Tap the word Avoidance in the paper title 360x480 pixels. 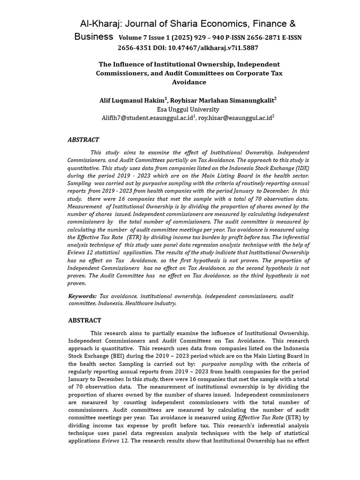coord(189,82)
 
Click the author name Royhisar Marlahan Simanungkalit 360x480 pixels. coord(222,100)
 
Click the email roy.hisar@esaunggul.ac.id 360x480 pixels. coord(235,118)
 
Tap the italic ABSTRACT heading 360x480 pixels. coord(83,140)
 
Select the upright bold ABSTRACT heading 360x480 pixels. coord(84,321)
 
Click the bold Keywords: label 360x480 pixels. coord(82,296)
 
